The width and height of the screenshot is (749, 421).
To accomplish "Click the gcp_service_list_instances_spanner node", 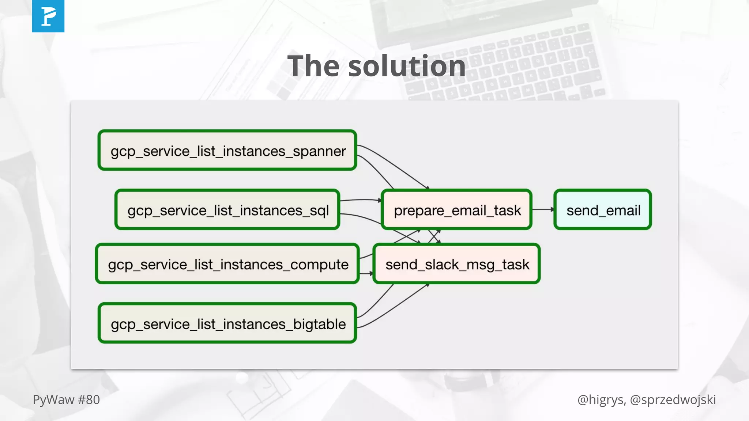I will click(x=227, y=150).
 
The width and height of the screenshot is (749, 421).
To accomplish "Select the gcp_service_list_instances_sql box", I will click(x=227, y=210).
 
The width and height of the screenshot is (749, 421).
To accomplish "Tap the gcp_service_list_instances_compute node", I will click(x=227, y=264).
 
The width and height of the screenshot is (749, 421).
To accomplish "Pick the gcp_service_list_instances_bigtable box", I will click(x=227, y=323).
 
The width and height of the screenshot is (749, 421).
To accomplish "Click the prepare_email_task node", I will click(x=456, y=210).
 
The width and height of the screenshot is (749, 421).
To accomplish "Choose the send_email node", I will click(x=603, y=210).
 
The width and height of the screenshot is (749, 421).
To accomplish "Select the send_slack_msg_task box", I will click(x=456, y=264).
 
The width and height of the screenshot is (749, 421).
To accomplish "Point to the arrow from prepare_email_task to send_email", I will click(x=543, y=209).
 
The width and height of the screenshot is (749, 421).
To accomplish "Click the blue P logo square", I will click(x=48, y=16).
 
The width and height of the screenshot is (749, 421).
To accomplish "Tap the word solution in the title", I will click(x=407, y=66).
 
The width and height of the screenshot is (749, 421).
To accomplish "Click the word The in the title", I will click(x=313, y=66).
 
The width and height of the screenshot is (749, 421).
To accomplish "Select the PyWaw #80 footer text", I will click(x=66, y=400).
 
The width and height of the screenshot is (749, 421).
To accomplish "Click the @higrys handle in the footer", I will click(x=601, y=400).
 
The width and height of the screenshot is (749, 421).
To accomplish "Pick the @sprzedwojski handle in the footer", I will click(x=673, y=400).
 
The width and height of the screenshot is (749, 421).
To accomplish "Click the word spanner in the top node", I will click(x=319, y=151).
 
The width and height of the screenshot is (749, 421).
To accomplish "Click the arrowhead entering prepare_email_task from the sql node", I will click(x=379, y=200).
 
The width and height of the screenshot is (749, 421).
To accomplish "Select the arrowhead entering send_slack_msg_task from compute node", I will click(x=371, y=273).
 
